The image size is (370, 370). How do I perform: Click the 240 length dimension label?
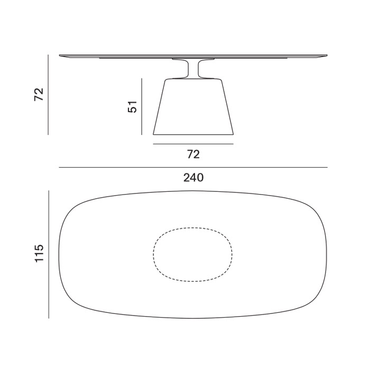(x=193, y=178)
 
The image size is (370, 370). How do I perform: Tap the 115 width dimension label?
(x=39, y=253)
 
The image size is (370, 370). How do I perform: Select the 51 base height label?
(x=132, y=107)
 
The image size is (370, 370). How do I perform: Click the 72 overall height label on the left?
(x=39, y=95)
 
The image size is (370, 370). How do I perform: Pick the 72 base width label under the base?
(x=193, y=154)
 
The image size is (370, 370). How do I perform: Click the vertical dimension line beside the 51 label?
(x=142, y=107)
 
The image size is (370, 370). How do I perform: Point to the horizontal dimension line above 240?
(x=193, y=168)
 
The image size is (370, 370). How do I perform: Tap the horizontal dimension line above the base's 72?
(x=193, y=144)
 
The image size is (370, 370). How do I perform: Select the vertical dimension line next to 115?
(x=49, y=254)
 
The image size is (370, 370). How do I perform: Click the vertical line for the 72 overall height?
(x=48, y=95)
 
